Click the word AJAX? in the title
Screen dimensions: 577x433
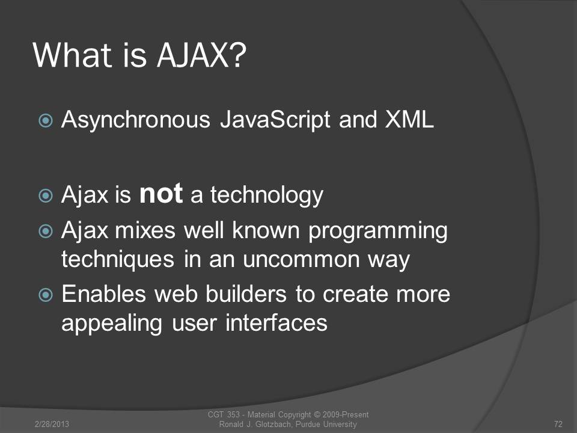pyautogui.click(x=202, y=55)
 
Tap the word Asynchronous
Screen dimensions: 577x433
pyautogui.click(x=136, y=120)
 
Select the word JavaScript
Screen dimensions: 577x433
pyautogui.click(x=275, y=120)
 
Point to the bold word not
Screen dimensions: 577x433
pyautogui.click(x=161, y=194)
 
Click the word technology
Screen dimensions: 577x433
pyautogui.click(x=267, y=195)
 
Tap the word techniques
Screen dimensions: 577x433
pyautogui.click(x=118, y=260)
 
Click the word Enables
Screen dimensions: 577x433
pyautogui.click(x=104, y=294)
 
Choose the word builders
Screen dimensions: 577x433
pyautogui.click(x=246, y=294)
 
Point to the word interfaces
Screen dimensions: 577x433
pyautogui.click(x=276, y=323)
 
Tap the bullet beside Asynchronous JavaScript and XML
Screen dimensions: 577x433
pyautogui.click(x=46, y=120)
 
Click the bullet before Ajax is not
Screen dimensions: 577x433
pyautogui.click(x=46, y=195)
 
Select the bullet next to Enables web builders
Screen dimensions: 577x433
pyautogui.click(x=46, y=295)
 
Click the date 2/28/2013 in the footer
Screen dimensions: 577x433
pyautogui.click(x=52, y=424)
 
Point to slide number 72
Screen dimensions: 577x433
pyautogui.click(x=558, y=424)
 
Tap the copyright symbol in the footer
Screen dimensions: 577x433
pyautogui.click(x=317, y=414)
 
